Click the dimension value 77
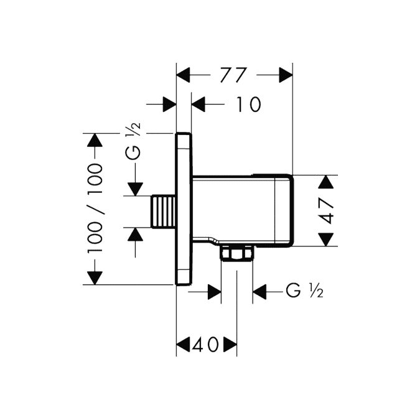233,75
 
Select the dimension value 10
248,104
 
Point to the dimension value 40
206,345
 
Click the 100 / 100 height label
95,208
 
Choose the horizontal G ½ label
304,291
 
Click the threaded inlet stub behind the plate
164,212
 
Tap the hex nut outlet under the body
237,253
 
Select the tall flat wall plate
184,209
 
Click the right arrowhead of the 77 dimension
286,75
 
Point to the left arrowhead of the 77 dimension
183,75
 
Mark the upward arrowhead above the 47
325,182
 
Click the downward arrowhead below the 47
325,239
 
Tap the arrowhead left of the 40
183,345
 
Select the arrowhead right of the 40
230,345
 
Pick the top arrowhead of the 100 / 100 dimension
95,140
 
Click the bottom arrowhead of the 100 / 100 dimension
95,278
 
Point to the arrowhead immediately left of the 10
198,104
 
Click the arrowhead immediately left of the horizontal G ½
259,292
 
